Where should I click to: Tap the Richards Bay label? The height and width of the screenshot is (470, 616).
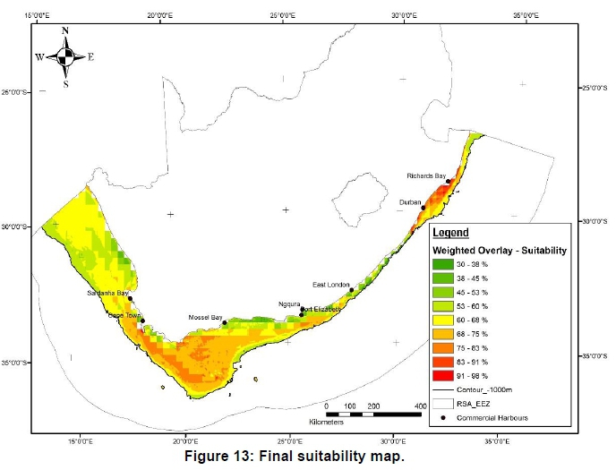click(x=426, y=176)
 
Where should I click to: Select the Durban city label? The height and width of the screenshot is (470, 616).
click(x=410, y=203)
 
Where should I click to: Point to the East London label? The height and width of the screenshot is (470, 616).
click(x=330, y=285)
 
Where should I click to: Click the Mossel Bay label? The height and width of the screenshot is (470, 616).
click(x=205, y=318)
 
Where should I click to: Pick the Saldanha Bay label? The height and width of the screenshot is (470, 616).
click(x=107, y=293)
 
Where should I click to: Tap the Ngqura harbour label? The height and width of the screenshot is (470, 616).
click(x=289, y=304)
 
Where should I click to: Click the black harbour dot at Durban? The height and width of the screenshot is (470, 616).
click(x=423, y=208)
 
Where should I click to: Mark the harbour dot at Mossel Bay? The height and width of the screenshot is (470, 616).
click(x=224, y=322)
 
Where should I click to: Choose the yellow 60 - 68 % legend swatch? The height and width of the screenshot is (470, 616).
click(x=443, y=321)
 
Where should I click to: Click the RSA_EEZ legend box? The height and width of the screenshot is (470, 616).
click(x=443, y=405)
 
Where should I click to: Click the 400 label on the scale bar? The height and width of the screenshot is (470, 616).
click(x=418, y=406)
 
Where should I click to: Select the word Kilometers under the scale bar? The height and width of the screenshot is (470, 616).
click(x=345, y=421)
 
